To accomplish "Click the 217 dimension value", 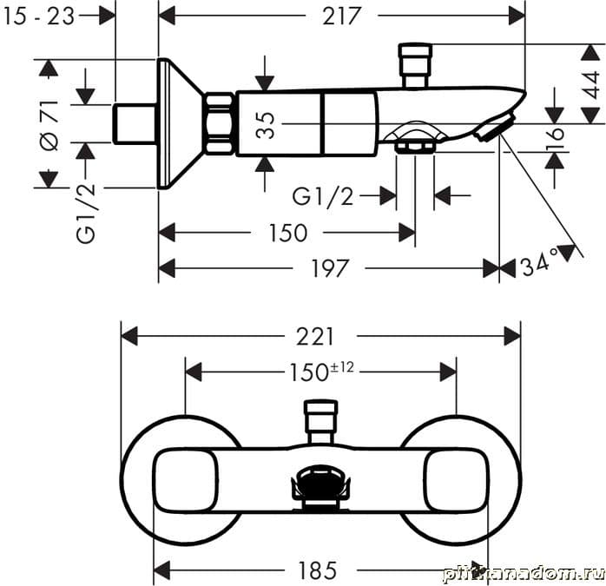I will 341,16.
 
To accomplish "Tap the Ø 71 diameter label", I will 49,125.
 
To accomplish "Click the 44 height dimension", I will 590,83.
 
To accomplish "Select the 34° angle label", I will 539,265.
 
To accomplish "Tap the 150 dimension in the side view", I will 287,233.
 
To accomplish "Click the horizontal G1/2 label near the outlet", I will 323,196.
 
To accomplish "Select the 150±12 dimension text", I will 320,372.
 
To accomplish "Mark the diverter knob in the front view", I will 319,419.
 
